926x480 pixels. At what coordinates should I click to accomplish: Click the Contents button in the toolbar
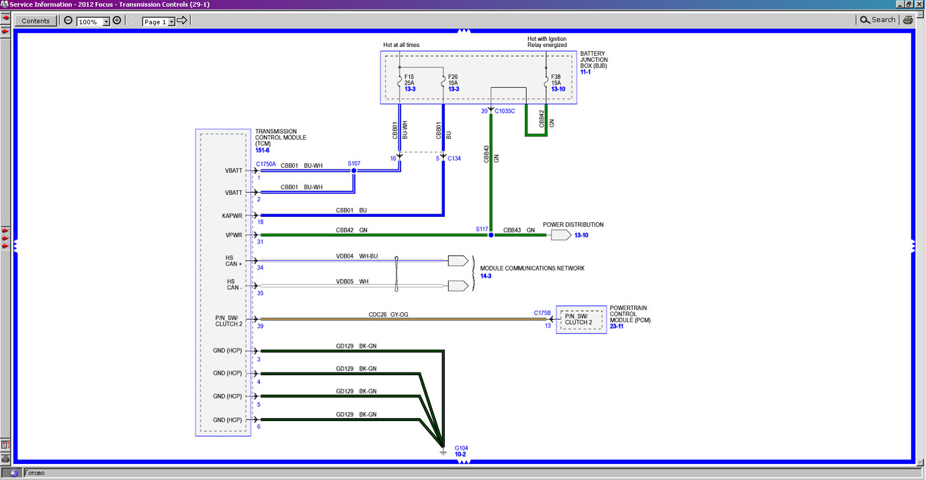point(36,21)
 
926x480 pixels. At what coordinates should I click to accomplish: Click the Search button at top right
point(878,20)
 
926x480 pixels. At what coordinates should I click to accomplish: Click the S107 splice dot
point(354,171)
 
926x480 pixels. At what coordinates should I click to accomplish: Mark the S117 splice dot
point(491,235)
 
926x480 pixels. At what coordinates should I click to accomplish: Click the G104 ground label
point(461,447)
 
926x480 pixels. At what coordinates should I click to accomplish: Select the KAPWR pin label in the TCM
point(232,216)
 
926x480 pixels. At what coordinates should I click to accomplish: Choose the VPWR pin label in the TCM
point(233,236)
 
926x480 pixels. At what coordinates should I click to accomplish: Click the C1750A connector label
point(266,164)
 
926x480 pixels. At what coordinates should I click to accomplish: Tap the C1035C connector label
point(505,111)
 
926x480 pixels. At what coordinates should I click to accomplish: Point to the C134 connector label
point(454,158)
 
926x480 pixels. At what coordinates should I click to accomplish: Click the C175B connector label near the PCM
point(542,313)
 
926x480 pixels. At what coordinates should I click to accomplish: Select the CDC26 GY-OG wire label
point(388,313)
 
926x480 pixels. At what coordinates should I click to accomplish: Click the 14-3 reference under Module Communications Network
point(486,276)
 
